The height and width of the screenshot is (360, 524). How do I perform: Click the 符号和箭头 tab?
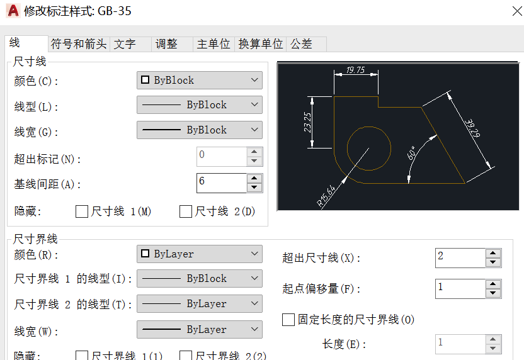point(79,44)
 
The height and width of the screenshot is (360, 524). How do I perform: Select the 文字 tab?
point(125,44)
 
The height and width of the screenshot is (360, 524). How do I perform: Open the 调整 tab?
point(166,44)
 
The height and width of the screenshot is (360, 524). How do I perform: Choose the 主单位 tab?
point(214,44)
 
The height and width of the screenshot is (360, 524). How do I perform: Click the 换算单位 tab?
point(261,44)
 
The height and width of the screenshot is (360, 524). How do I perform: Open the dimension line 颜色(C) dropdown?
point(199,81)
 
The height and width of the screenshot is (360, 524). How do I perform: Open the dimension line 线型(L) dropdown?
point(199,105)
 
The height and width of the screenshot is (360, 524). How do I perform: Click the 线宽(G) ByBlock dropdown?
point(199,130)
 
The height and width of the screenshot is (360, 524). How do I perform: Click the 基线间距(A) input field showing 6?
point(221,183)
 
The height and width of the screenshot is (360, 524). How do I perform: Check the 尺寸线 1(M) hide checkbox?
point(82,212)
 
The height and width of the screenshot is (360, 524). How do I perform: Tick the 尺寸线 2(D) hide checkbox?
point(186,212)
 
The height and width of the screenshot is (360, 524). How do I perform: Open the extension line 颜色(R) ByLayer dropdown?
point(199,254)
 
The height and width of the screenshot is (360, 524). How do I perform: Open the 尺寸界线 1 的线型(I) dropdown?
point(199,279)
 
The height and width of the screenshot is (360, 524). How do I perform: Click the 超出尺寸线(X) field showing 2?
point(460,257)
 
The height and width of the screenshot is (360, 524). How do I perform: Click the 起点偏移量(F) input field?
point(460,288)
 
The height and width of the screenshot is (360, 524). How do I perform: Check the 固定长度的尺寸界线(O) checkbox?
point(288,320)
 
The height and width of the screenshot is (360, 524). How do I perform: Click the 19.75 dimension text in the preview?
point(356,70)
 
